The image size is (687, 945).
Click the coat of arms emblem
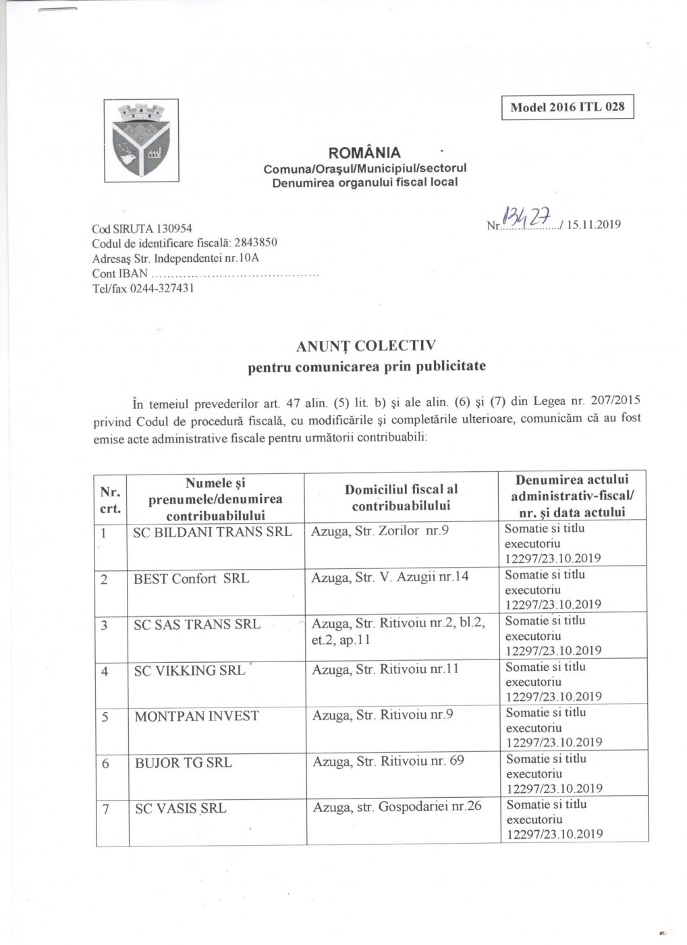click(141, 140)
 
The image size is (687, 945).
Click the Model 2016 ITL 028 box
click(568, 107)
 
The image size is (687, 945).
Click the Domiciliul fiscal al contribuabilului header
click(401, 497)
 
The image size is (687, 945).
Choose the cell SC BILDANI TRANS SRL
click(213, 531)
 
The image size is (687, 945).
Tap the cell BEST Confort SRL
click(191, 578)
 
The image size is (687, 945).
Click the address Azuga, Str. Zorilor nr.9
click(380, 531)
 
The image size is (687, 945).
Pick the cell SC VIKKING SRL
click(190, 670)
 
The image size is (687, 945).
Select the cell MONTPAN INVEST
click(196, 716)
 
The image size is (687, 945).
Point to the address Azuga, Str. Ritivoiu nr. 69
click(388, 761)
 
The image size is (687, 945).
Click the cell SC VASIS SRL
click(180, 808)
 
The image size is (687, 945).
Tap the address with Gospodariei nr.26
click(397, 806)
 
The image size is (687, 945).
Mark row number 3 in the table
click(105, 625)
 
